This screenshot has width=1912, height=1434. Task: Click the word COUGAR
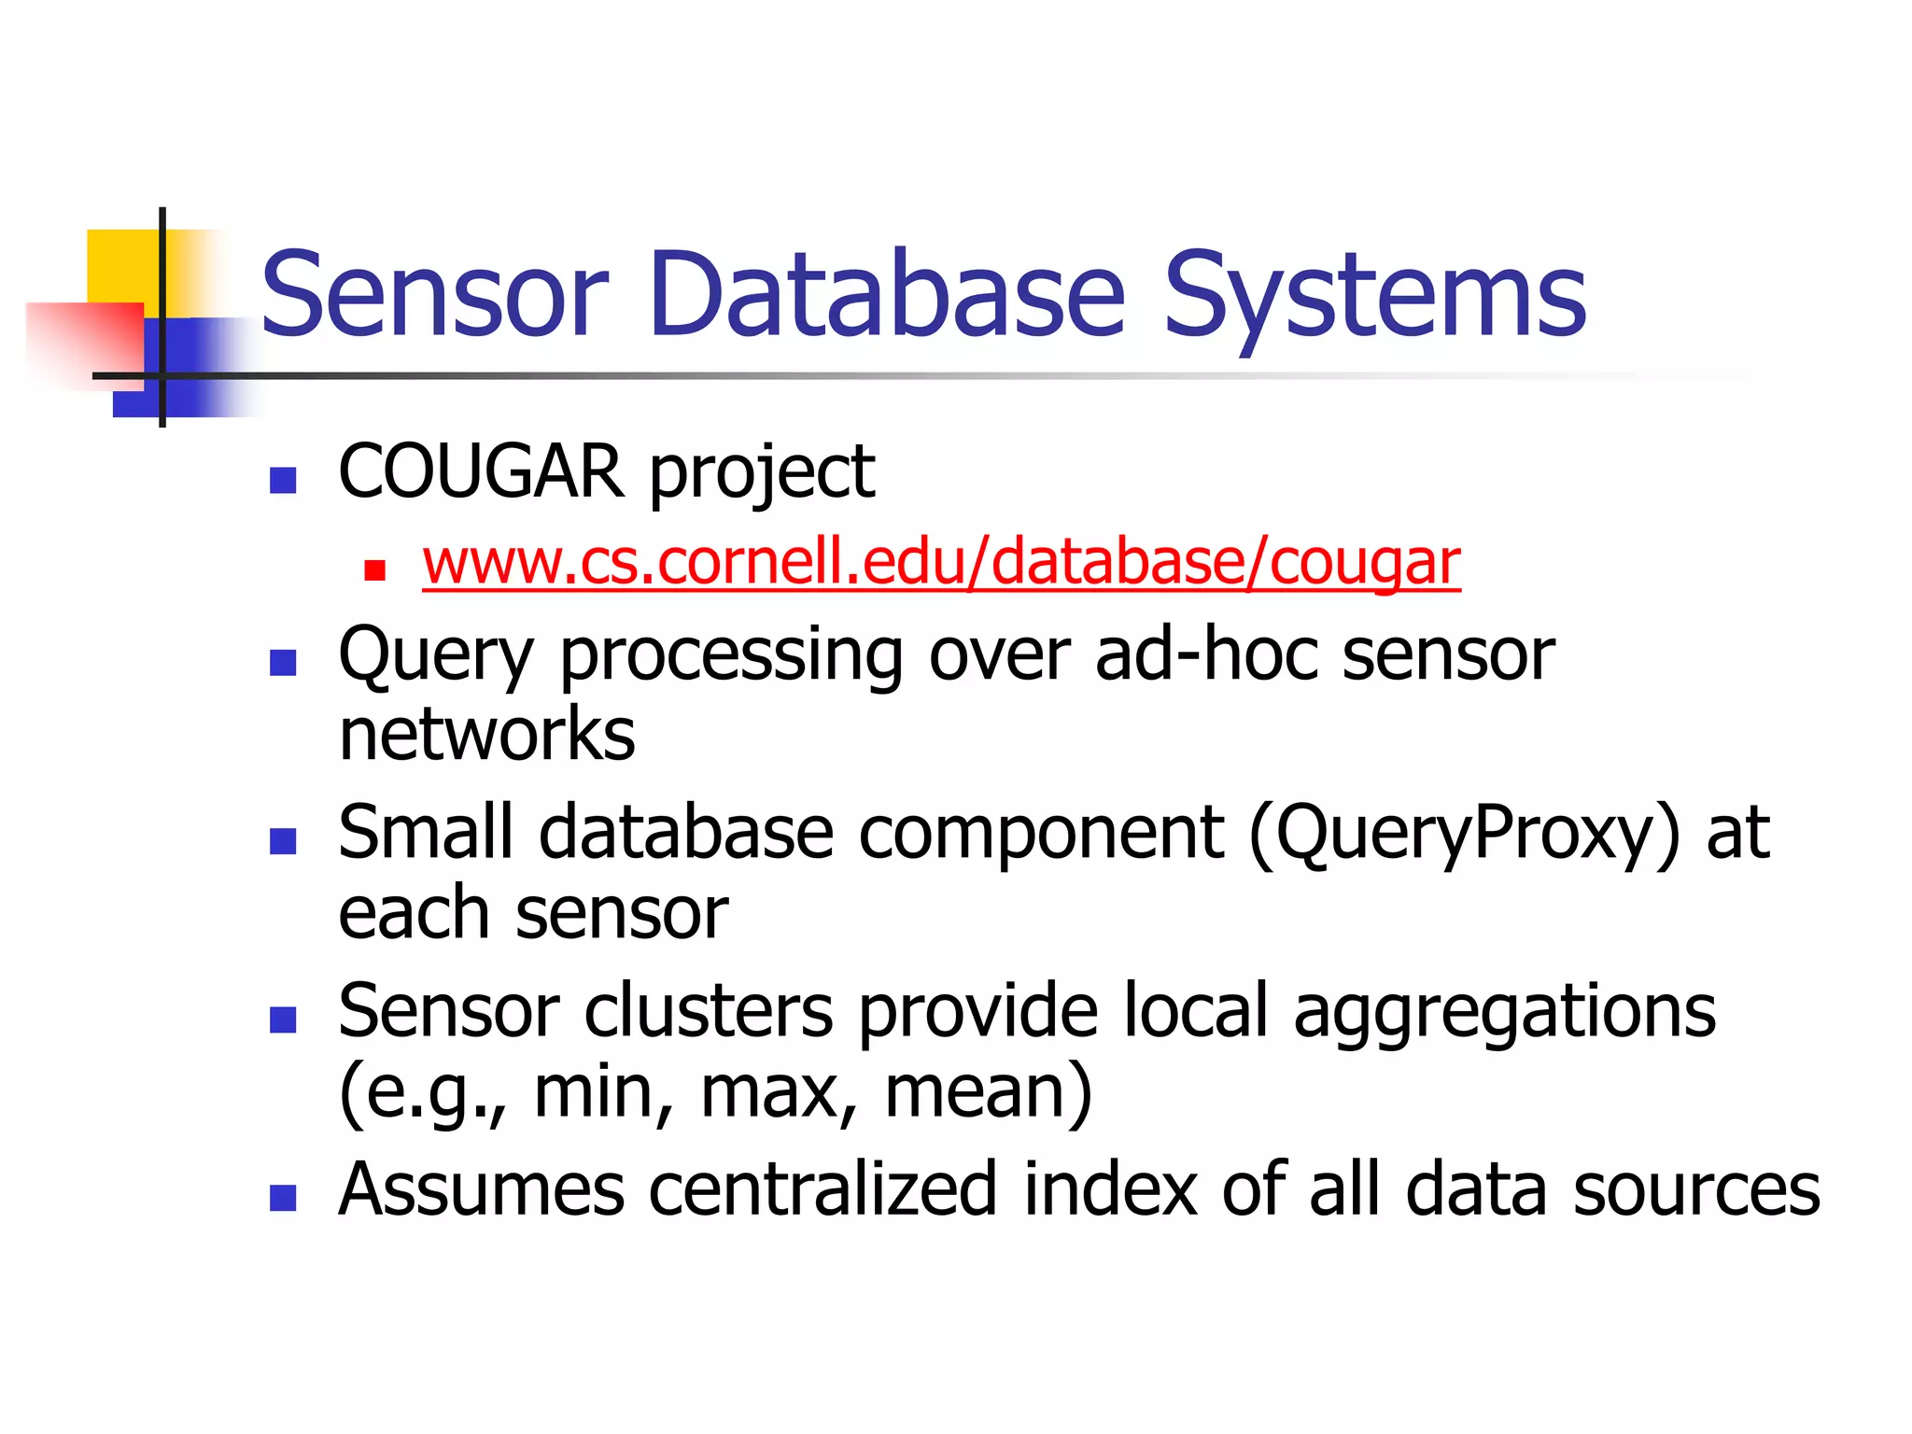coord(481,471)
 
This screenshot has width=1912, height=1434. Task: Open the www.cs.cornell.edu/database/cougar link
coord(941,563)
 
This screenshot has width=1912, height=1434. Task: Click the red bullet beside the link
coord(375,570)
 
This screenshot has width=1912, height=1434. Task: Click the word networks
coord(486,735)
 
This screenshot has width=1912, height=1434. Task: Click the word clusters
coord(709,1011)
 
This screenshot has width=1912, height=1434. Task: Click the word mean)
coord(989,1093)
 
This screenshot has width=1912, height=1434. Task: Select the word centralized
coord(822,1190)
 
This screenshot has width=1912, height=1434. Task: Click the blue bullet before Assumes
coord(282,1198)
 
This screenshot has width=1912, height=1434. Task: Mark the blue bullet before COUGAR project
coord(282,480)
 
